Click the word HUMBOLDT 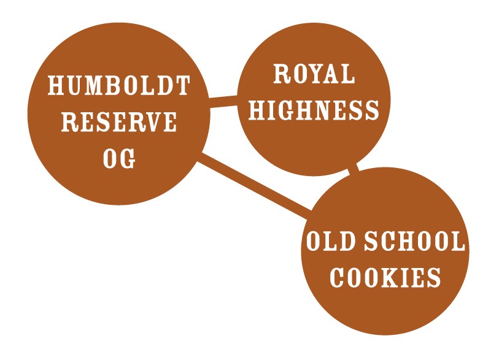118,85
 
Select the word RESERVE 118,122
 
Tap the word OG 119,159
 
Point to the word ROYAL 314,74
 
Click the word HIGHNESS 314,110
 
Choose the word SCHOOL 415,241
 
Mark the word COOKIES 385,277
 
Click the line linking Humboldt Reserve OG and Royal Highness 223,101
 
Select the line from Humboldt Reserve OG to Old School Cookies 254,186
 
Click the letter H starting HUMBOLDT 56,85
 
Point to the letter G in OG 128,159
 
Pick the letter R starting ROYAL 282,74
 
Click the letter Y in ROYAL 314,74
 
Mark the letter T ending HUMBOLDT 182,85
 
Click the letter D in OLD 347,241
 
